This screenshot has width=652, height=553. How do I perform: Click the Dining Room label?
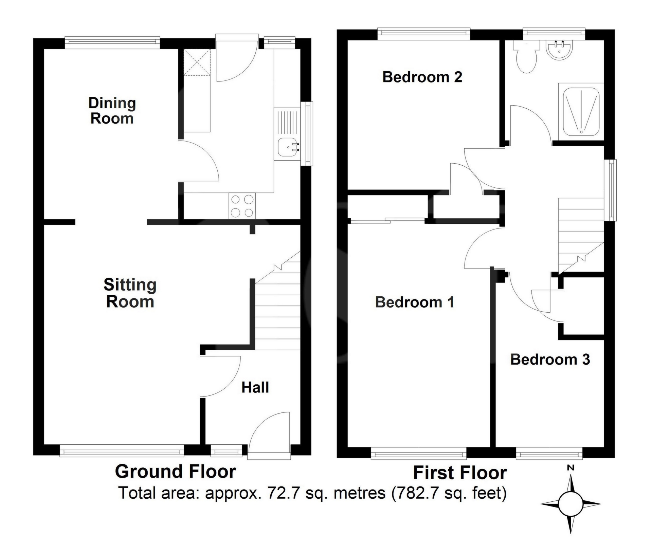(x=112, y=111)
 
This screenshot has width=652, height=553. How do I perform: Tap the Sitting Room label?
(x=130, y=293)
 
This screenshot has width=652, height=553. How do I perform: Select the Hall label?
(x=255, y=387)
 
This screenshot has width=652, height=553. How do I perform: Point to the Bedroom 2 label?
(x=422, y=77)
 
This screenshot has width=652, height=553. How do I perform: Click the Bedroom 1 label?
(x=415, y=302)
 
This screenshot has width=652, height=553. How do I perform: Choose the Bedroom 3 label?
(x=550, y=360)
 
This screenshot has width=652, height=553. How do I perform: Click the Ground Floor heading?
(x=175, y=472)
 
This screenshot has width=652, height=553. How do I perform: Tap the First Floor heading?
(x=460, y=473)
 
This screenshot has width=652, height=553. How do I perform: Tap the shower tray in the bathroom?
(x=581, y=112)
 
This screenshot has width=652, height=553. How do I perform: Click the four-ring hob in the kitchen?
(x=242, y=206)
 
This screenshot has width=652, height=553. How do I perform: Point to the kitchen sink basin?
(x=287, y=148)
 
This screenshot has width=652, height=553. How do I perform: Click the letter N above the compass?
(x=570, y=468)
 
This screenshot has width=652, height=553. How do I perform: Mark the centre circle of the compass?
(x=570, y=504)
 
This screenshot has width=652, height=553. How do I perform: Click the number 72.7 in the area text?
(x=282, y=493)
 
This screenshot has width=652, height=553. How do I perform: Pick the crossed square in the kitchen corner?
(x=197, y=62)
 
